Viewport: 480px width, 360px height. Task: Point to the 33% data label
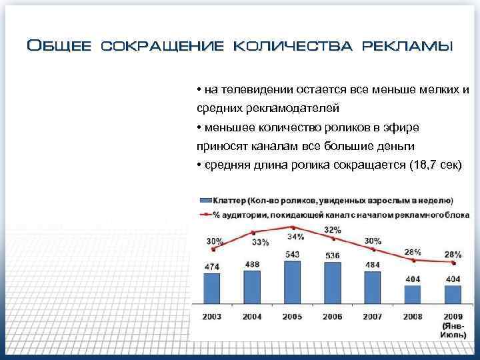click(x=261, y=242)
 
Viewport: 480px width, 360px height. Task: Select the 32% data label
click(x=333, y=230)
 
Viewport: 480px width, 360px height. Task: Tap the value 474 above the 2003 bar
click(x=213, y=267)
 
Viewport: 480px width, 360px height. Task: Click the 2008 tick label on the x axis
click(x=413, y=317)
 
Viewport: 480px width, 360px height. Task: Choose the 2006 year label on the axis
click(x=333, y=317)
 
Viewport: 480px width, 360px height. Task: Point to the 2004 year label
click(x=253, y=317)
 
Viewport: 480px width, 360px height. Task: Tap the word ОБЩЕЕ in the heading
click(x=59, y=46)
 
